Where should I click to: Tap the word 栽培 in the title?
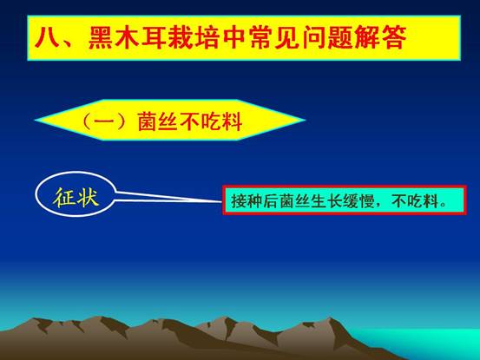(x=194, y=37)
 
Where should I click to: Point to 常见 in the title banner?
(x=274, y=37)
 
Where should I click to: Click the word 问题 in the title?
(x=327, y=37)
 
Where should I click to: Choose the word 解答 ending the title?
(x=380, y=37)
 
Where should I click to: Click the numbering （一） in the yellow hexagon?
(x=104, y=121)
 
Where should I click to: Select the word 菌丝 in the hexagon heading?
(x=157, y=121)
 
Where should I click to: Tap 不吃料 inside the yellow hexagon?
(x=211, y=121)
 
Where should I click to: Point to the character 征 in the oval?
(x=64, y=197)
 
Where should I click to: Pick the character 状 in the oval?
(x=89, y=197)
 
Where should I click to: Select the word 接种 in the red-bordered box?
(x=247, y=201)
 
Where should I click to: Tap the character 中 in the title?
(x=234, y=37)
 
